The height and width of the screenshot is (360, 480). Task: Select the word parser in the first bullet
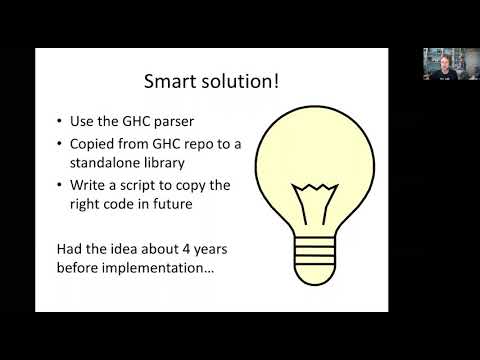[x=184, y=122]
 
